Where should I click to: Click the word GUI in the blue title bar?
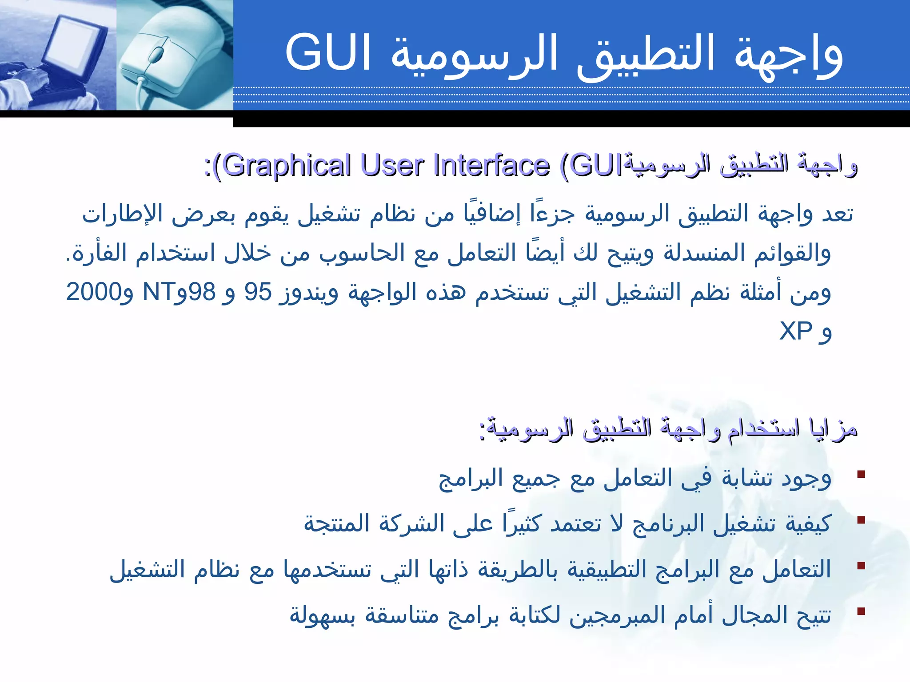pos(328,52)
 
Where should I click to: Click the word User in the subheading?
pos(391,165)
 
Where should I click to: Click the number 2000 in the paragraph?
pos(93,292)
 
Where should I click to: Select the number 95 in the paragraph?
pos(258,292)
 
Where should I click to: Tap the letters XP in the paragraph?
pos(796,331)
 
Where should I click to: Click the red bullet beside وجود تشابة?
pos(861,475)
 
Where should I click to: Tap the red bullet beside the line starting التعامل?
pos(861,566)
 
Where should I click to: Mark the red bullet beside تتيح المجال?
pos(861,611)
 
